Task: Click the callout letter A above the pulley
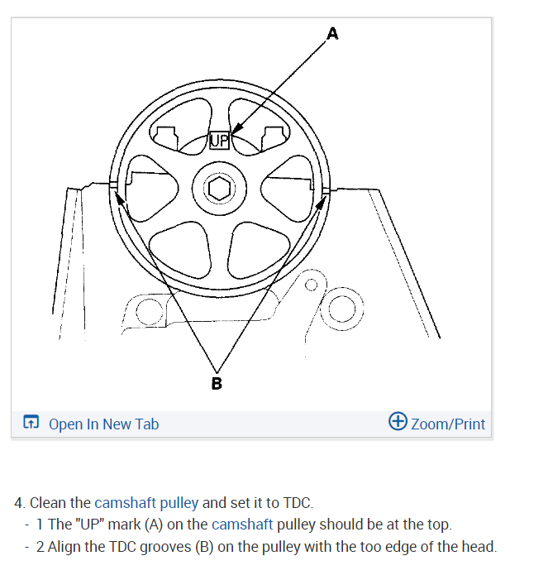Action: click(x=332, y=34)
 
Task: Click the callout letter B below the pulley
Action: click(x=217, y=383)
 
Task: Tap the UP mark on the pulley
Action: click(x=219, y=140)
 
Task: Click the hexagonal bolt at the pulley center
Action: click(x=219, y=189)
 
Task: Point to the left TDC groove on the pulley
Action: click(x=112, y=184)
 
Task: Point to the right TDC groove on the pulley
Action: click(x=326, y=191)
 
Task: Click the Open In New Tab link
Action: click(x=103, y=424)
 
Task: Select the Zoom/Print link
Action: click(x=448, y=424)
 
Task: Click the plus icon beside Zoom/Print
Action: click(x=398, y=422)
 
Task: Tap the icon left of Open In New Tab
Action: click(x=31, y=424)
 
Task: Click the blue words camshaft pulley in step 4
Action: click(x=146, y=502)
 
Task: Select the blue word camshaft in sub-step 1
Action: click(x=242, y=525)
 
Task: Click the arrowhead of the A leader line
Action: click(x=233, y=131)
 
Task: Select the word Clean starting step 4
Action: click(x=49, y=502)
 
